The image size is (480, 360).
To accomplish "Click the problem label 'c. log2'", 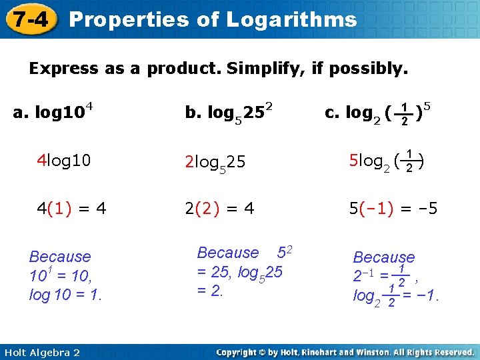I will click(353, 113).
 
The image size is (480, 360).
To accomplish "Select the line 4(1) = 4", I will click(71, 208).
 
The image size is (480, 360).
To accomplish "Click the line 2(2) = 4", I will click(219, 208).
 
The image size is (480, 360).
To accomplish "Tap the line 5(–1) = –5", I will click(393, 208).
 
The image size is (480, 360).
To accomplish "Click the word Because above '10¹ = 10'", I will click(60, 256).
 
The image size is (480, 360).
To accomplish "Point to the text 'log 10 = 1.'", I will click(65, 294).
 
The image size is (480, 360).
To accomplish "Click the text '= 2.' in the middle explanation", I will click(210, 291).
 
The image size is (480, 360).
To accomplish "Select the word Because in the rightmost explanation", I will click(383, 257).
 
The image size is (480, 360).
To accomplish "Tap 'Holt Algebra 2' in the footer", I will click(41, 352).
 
